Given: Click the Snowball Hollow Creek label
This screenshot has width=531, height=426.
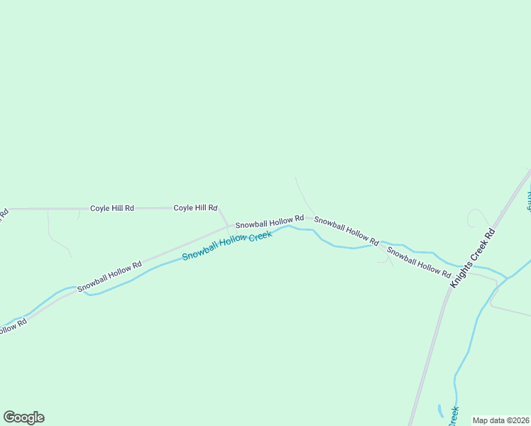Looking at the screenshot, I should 227,246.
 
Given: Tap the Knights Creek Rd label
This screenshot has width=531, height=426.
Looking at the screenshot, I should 471,258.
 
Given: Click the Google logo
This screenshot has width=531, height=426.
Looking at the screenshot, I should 23,417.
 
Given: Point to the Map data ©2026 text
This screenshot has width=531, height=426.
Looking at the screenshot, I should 500,420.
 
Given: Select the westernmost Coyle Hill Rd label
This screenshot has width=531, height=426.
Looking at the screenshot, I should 112,208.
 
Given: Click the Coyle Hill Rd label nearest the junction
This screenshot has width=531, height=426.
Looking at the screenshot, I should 195,208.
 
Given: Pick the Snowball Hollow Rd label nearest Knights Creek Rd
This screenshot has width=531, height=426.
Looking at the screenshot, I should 419,263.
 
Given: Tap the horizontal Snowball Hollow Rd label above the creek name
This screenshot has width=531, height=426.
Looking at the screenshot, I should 270,222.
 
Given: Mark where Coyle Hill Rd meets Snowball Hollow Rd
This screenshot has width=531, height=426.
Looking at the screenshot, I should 228,227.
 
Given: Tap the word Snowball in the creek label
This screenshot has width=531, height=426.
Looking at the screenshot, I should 199,252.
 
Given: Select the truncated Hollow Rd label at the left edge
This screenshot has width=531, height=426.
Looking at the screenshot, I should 12,327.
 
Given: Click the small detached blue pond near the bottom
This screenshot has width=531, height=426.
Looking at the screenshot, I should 440,411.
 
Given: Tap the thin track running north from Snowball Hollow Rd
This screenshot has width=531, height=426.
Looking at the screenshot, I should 301,193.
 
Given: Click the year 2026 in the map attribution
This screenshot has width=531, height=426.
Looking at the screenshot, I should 519,420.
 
